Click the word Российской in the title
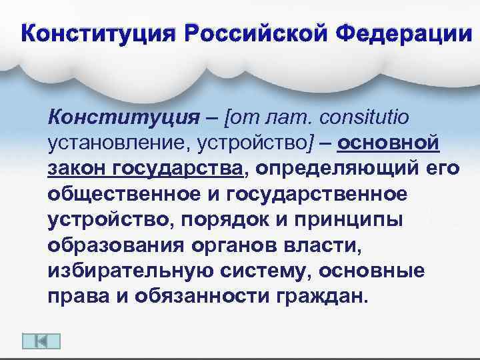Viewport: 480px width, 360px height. [258, 32]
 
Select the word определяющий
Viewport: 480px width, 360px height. [339, 169]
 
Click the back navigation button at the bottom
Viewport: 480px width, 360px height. [41, 340]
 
